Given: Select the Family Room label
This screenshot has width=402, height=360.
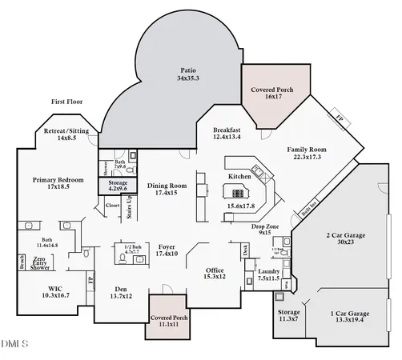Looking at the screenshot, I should point(307,154).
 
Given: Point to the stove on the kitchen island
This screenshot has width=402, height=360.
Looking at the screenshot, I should point(237,192).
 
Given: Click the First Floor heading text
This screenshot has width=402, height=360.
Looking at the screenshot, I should point(68,102).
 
